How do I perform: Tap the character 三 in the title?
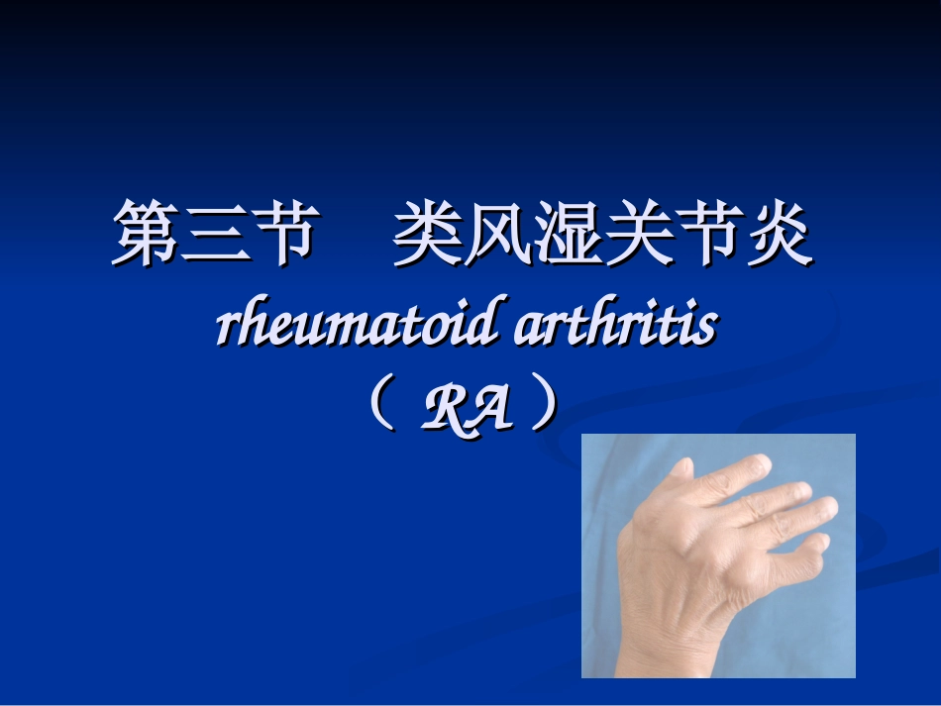tap(214, 234)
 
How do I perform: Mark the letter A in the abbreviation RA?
tap(491, 409)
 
